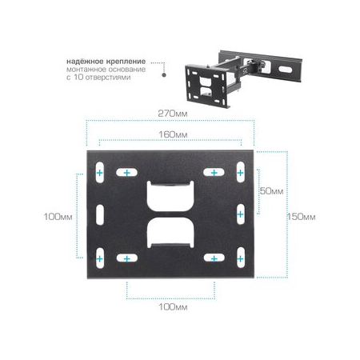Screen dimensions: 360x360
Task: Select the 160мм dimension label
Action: pos(170,134)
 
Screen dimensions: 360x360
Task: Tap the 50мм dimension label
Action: pos(271,192)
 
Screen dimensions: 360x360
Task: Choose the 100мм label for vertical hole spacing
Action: pos(59,217)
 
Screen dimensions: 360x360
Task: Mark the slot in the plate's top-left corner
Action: pos(99,173)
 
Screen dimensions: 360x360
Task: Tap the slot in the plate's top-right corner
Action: pos(239,173)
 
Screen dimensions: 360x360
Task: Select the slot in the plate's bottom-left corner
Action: pos(99,258)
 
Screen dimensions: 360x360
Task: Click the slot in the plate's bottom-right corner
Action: pos(239,258)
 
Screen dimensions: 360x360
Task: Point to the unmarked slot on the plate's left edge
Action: pos(99,215)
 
